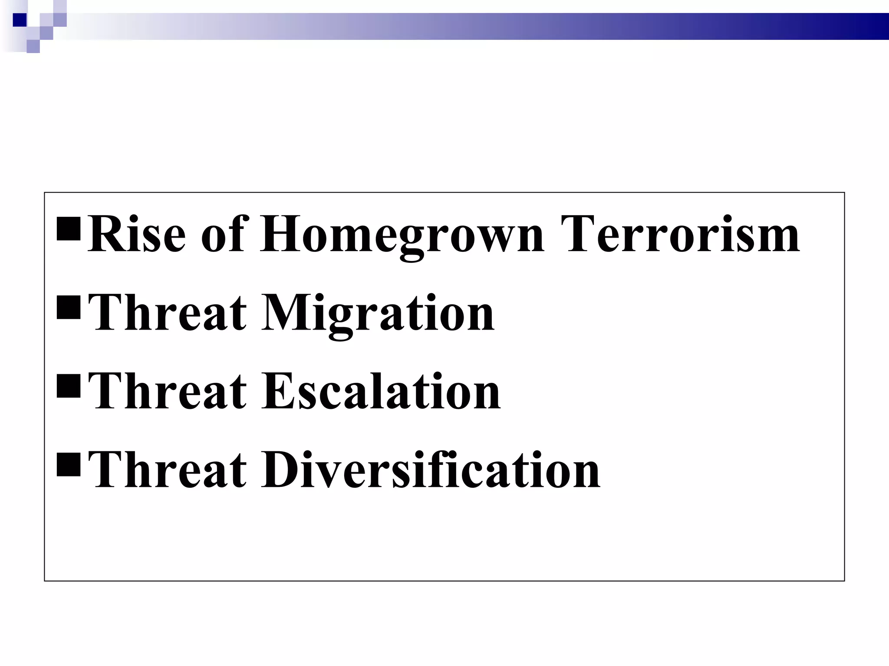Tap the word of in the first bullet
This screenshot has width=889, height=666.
point(224,235)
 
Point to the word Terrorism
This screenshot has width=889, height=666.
point(680,235)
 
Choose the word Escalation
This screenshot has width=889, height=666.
point(381,392)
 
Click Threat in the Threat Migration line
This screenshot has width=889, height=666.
point(167,313)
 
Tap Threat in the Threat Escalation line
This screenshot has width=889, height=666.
point(167,392)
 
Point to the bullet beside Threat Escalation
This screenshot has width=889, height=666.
point(69,386)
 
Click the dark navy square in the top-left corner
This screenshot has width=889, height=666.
point(20,20)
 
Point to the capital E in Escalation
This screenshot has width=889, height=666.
point(278,392)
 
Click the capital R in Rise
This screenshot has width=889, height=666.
point(106,235)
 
